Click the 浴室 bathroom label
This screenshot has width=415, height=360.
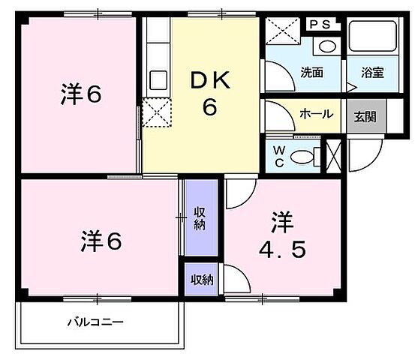coord(372,73)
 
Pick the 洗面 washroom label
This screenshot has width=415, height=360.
coord(311,73)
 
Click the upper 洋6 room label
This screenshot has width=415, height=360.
coord(81,94)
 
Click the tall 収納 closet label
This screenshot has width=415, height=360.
coord(200,217)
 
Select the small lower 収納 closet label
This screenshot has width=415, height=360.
coord(201,280)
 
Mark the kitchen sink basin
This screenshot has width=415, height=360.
coord(158,79)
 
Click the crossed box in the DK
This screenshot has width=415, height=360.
coord(157,112)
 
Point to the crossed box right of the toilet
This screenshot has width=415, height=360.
coord(334,155)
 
